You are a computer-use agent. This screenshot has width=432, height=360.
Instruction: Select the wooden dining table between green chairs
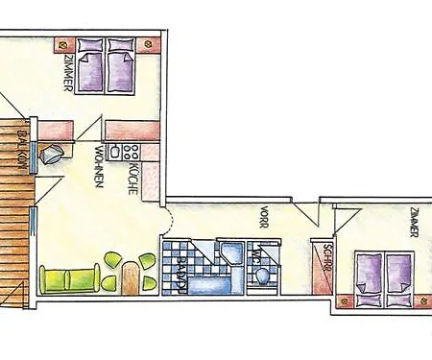point(131,280)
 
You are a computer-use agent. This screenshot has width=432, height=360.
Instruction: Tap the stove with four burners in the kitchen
point(129,151)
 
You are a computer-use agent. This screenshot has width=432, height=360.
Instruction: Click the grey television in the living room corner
point(54,154)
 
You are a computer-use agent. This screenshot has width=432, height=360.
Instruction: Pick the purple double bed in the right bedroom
point(383,273)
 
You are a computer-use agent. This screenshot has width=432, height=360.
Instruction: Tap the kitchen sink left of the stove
point(112,151)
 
